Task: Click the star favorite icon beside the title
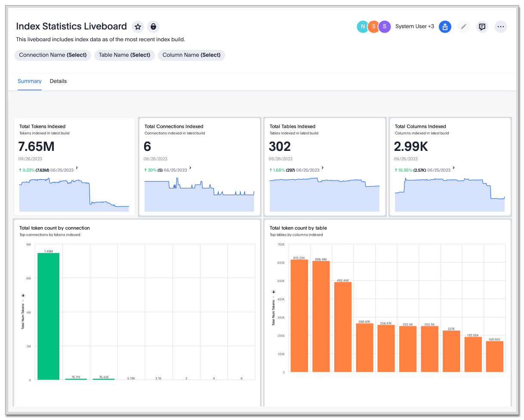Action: click(x=138, y=27)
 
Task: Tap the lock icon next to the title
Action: click(x=153, y=27)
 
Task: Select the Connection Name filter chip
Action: click(x=53, y=55)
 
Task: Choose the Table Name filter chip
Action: click(x=124, y=55)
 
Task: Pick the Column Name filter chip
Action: click(x=191, y=55)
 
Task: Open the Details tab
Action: click(x=58, y=81)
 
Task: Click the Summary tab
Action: click(x=30, y=81)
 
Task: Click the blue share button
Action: click(x=445, y=27)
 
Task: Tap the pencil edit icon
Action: click(x=463, y=27)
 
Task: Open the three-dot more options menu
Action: click(x=500, y=27)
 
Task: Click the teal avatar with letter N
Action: click(x=363, y=27)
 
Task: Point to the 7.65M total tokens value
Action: click(x=37, y=147)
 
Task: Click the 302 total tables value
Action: click(x=280, y=147)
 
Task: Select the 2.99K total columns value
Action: click(x=411, y=147)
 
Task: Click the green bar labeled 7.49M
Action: click(x=48, y=316)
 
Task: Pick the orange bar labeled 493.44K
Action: click(x=343, y=327)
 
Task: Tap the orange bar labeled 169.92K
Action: click(x=494, y=356)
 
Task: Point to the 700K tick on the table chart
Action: click(x=281, y=245)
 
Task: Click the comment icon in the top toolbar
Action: click(x=482, y=27)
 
